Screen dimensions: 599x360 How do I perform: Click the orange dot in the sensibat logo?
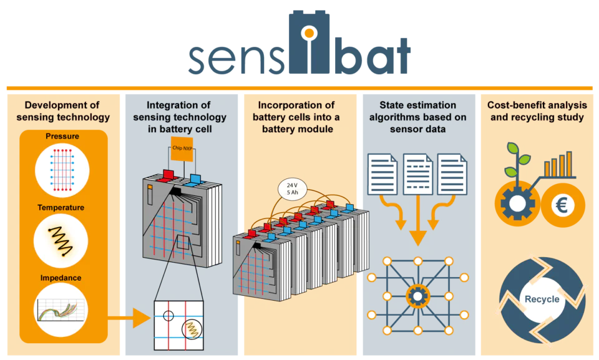(309, 34)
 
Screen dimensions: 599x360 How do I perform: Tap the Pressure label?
(62, 136)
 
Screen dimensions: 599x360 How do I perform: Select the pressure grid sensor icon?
(62, 170)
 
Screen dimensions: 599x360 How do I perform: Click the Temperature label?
(61, 208)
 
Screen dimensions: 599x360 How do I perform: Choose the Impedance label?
(61, 278)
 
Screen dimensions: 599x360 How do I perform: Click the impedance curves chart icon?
(61, 310)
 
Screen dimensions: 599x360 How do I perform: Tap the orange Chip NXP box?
(182, 148)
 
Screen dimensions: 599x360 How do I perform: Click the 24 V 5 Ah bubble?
(292, 189)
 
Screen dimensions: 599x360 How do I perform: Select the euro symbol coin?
(562, 206)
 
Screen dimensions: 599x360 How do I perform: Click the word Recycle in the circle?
(542, 299)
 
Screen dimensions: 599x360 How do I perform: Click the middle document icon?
(418, 174)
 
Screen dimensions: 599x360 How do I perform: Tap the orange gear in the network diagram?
(418, 296)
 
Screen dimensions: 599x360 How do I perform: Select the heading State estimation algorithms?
(418, 111)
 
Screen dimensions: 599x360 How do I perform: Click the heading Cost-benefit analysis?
(537, 105)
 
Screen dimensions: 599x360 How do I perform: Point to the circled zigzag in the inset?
(192, 329)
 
